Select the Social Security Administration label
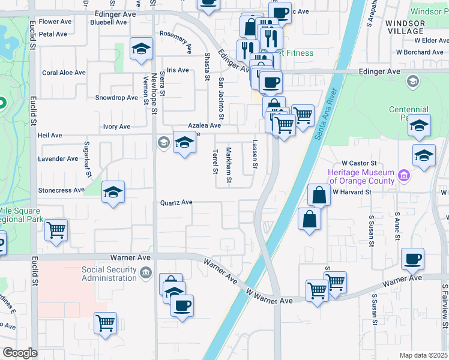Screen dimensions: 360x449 (x=109, y=273)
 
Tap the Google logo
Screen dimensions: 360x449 (x=19, y=353)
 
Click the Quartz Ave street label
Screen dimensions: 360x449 (x=176, y=203)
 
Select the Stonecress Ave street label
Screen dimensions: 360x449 (x=61, y=190)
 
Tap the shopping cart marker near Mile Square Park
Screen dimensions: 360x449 (x=56, y=229)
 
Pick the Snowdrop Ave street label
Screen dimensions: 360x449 (x=116, y=98)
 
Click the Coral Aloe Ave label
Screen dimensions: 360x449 (x=64, y=73)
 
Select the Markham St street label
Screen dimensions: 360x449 (x=229, y=165)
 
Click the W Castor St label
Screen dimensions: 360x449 (x=358, y=163)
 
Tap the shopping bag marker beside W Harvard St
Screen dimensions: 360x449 (x=319, y=195)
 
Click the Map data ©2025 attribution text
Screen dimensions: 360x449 (x=423, y=355)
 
